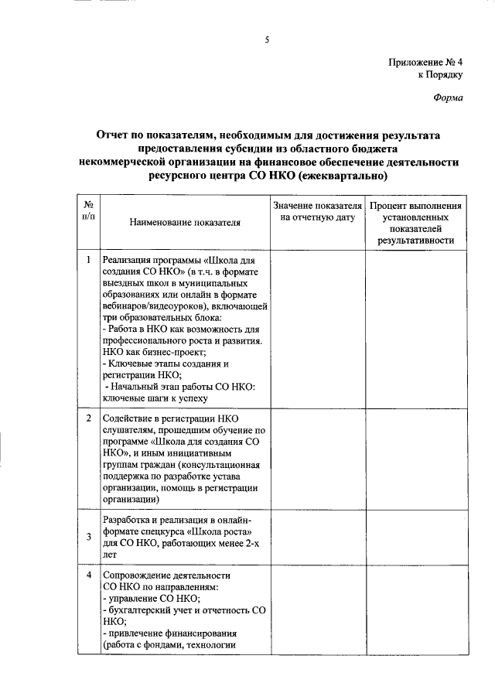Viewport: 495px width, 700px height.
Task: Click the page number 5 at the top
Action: (266, 39)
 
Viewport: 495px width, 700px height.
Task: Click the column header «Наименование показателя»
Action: (185, 222)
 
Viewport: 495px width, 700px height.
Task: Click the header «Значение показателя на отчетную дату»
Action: (317, 213)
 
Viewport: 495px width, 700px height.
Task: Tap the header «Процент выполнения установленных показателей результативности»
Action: (415, 224)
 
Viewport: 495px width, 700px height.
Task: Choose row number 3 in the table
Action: (89, 536)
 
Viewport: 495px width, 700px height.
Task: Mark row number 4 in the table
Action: (89, 575)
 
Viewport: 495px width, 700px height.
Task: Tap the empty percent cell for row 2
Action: (415, 461)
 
